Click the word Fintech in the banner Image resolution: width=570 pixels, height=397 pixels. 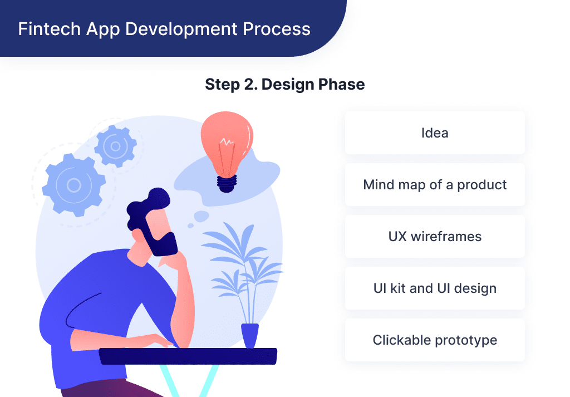(x=44, y=28)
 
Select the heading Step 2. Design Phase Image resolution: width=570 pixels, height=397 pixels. (x=285, y=85)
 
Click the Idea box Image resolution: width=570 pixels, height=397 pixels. (x=435, y=133)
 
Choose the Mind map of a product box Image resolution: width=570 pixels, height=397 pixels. (x=435, y=185)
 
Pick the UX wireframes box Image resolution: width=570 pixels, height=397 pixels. (x=435, y=237)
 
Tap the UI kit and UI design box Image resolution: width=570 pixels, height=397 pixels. (x=435, y=288)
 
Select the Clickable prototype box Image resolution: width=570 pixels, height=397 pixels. (x=435, y=340)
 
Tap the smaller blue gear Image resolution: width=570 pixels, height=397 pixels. (x=115, y=146)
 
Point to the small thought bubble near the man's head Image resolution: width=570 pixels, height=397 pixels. (x=201, y=216)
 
